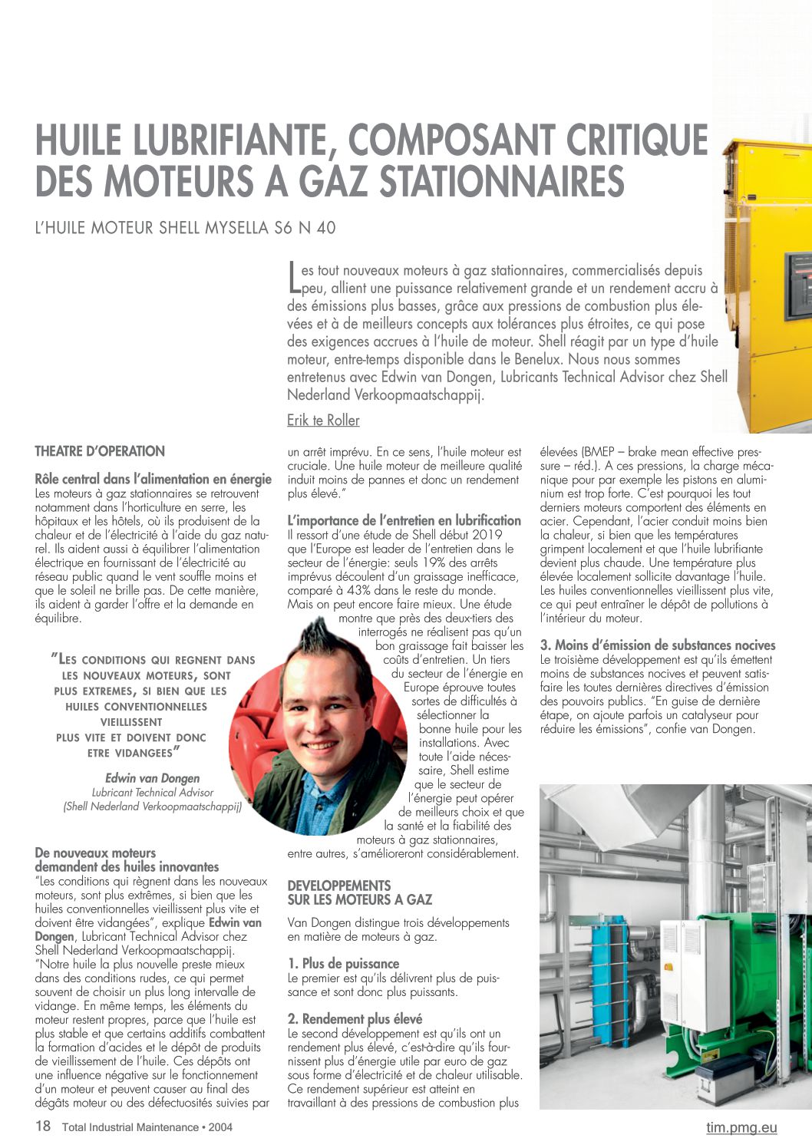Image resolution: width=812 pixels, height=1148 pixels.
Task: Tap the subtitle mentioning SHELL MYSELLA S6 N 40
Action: (x=185, y=228)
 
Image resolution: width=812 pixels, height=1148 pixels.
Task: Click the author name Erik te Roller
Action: (x=323, y=421)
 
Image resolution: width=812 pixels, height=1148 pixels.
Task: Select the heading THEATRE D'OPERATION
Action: (x=100, y=451)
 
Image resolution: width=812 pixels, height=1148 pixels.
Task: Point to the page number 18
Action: (x=43, y=1127)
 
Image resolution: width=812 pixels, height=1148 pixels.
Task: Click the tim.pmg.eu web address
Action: (x=741, y=1127)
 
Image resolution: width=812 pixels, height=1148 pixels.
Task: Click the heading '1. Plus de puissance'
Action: (x=343, y=964)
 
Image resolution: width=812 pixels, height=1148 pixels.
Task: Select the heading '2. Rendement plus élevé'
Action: (x=355, y=1019)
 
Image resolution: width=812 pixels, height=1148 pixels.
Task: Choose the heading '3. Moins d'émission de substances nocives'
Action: (x=658, y=645)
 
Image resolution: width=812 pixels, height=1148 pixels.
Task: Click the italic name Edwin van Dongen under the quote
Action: (x=152, y=778)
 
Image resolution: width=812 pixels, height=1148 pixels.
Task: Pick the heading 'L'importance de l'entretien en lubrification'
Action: (x=404, y=520)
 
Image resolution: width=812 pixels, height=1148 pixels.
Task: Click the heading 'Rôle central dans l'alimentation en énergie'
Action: (x=153, y=479)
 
